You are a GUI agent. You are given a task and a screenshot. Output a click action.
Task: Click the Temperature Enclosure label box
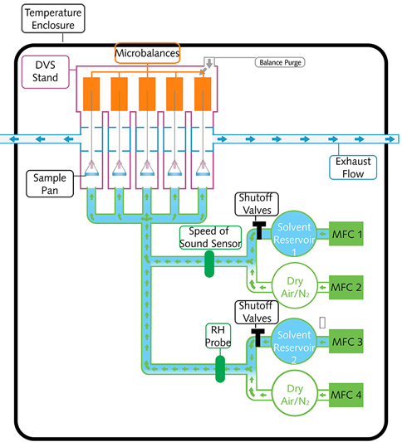coord(53,18)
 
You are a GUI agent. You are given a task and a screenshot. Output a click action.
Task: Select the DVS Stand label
coord(46,72)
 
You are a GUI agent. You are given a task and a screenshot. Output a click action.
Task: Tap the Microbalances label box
coord(147,53)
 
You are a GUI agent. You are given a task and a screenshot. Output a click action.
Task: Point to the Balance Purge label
coord(280,62)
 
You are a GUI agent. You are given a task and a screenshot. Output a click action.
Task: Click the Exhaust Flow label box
coord(353,168)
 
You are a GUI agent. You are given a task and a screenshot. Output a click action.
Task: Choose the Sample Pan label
coord(50,184)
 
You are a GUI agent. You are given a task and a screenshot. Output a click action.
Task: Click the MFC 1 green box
coord(346,234)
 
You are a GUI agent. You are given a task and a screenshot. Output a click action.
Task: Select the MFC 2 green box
coord(346,287)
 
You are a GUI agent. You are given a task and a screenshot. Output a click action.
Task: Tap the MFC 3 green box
coord(346,342)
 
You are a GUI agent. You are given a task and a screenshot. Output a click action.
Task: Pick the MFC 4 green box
coord(346,395)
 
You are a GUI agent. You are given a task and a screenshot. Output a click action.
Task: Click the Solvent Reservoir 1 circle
coord(294,234)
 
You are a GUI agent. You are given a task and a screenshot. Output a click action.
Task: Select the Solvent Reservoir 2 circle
coord(294,342)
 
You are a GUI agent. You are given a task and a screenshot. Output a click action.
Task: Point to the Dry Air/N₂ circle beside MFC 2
coord(295,286)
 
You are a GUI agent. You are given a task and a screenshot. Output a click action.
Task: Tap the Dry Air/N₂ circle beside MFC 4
coord(295,394)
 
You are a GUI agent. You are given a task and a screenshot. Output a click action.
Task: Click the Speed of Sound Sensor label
coord(211,237)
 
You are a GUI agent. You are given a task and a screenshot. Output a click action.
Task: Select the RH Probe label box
coord(218,336)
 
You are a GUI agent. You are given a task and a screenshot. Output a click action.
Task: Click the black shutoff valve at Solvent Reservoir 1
coord(259,230)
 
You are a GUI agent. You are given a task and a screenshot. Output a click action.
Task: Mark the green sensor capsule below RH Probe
coord(220,369)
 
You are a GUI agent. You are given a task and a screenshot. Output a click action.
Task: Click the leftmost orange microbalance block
coord(91,95)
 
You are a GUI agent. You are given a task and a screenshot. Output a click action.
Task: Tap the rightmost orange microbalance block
coord(203,95)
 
